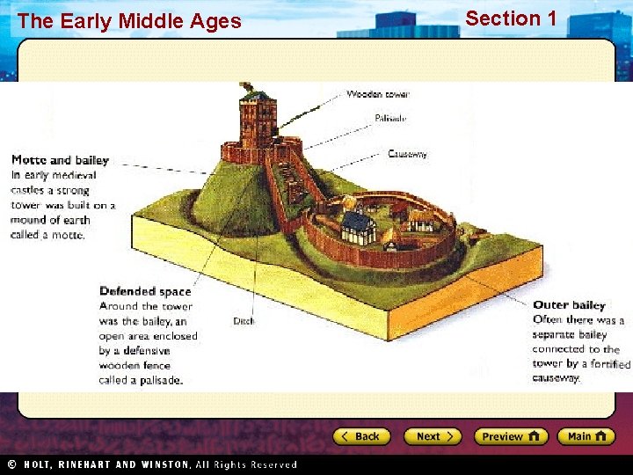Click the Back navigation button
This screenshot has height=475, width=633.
(x=360, y=436)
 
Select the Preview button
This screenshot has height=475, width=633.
(x=510, y=436)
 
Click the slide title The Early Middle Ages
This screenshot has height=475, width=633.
(x=128, y=21)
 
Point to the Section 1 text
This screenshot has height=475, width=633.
(x=511, y=18)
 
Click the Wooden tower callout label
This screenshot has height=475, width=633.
(x=378, y=94)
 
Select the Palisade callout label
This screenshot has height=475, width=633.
(x=390, y=117)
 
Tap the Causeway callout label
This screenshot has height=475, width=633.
(x=407, y=154)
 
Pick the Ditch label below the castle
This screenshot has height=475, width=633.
(x=244, y=321)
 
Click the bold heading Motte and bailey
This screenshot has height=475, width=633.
(x=60, y=160)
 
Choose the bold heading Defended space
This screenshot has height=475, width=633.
(x=145, y=291)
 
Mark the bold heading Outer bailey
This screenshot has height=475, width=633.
(x=569, y=305)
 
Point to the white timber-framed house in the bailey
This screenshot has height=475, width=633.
(x=359, y=227)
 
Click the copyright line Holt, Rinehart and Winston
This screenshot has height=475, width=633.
(x=158, y=464)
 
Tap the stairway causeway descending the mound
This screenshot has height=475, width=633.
(x=283, y=189)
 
